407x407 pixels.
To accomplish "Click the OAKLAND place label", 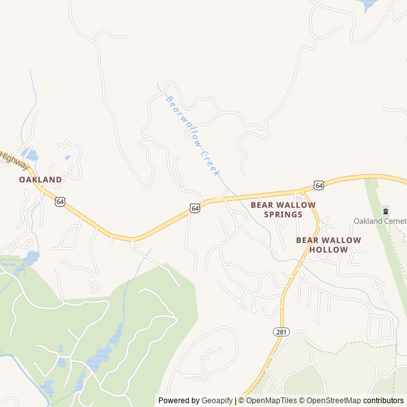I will tap(41, 179).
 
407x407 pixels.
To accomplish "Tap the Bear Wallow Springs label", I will tap(283, 210).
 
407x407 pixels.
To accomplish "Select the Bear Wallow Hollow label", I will tap(328, 245).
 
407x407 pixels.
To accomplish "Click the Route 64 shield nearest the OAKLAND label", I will tap(59, 202).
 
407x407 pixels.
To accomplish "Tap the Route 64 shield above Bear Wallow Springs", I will tap(319, 185).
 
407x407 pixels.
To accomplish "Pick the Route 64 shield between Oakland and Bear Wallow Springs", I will tap(195, 208).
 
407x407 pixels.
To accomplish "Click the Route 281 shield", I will tap(280, 332).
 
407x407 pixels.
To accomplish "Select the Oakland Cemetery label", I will tap(380, 221).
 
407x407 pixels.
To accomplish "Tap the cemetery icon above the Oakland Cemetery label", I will tap(384, 210).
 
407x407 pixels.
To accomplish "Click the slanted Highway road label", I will tap(14, 161).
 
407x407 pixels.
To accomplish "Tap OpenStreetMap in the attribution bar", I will tap(332, 401).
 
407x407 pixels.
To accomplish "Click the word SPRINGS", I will tap(283, 215).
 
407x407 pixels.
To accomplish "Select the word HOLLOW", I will tap(328, 250).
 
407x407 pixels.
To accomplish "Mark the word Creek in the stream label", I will tap(210, 163).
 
